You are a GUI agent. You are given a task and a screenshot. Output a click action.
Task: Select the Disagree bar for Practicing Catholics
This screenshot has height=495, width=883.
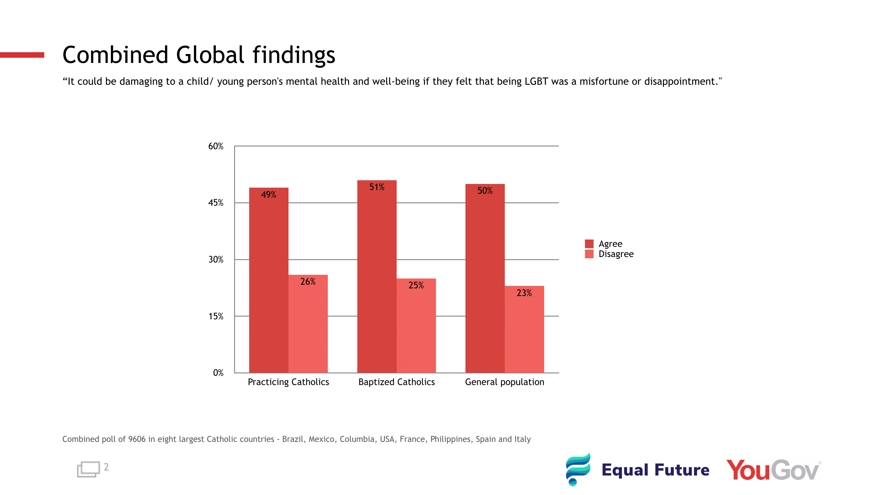click(x=308, y=325)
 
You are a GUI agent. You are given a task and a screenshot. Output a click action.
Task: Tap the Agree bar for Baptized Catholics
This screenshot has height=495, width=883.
click(x=377, y=278)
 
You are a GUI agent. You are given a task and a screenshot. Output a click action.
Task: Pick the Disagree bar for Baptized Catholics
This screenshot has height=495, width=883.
click(x=416, y=329)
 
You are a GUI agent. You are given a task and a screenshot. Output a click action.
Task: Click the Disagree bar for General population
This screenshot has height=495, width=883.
click(x=524, y=332)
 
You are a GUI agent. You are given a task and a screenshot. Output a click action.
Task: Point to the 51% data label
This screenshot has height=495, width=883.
click(x=377, y=187)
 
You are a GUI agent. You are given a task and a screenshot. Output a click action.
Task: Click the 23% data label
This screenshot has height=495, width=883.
click(x=524, y=293)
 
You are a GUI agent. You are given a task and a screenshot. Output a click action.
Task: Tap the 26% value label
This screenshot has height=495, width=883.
click(x=308, y=282)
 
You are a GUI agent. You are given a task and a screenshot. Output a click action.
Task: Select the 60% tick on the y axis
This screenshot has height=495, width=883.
click(x=216, y=146)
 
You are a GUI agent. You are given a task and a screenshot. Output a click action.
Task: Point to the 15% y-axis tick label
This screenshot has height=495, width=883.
click(x=216, y=316)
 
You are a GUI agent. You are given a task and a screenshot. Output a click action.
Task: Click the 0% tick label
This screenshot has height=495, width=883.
click(x=218, y=373)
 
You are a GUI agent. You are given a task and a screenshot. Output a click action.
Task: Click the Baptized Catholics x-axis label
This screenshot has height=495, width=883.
click(x=397, y=382)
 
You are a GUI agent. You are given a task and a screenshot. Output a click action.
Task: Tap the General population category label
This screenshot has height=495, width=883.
click(x=504, y=382)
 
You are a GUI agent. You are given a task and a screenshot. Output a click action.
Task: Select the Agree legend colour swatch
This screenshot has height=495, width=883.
click(x=589, y=244)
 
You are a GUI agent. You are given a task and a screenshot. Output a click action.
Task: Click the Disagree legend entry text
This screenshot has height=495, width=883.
click(x=616, y=254)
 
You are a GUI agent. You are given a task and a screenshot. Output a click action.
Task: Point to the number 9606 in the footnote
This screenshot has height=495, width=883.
click(x=137, y=439)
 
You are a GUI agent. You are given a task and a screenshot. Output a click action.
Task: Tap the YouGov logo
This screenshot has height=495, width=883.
click(x=773, y=470)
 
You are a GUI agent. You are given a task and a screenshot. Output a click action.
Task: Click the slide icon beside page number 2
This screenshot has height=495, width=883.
click(x=88, y=469)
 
